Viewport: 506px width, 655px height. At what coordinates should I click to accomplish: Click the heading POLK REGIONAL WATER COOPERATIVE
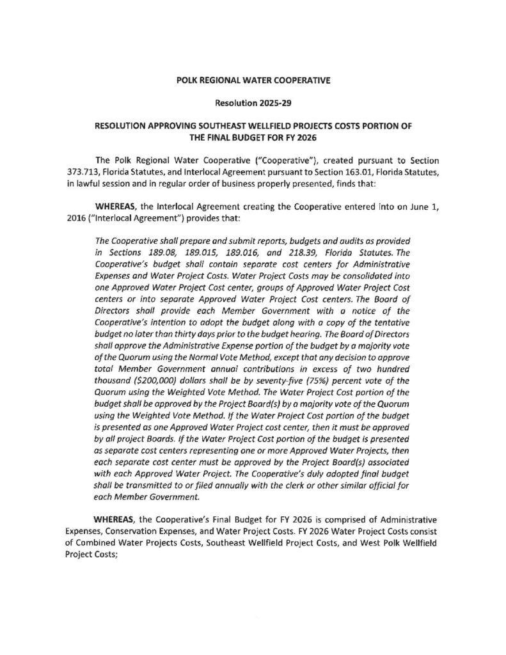tap(253, 81)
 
